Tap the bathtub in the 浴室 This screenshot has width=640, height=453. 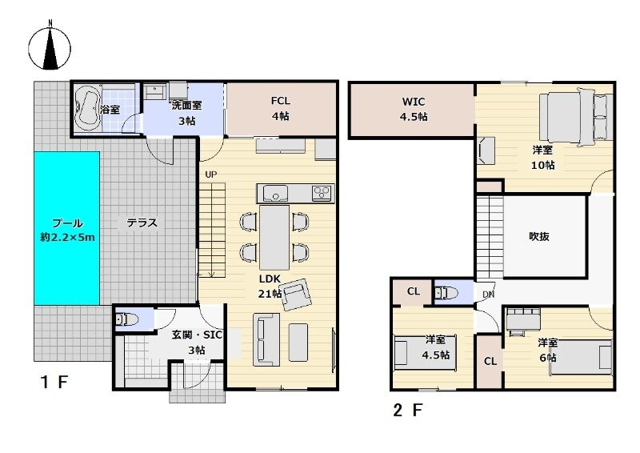pos(88,107)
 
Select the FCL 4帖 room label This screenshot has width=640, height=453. pos(281,108)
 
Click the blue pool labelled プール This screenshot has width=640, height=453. pos(67,228)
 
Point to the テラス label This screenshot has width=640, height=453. pos(142,223)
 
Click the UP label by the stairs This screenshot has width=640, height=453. pos(210,174)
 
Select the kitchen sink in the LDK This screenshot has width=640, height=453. pos(275,193)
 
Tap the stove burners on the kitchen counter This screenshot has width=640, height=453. pos(322,193)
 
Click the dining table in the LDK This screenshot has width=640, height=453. pos(274,238)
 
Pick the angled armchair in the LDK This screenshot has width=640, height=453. pos(296,294)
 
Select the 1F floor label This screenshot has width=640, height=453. pos(54,383)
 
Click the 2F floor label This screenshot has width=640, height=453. pos(407,410)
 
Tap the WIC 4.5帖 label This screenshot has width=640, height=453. pos(414,109)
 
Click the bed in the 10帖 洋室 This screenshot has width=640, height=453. pos(575,117)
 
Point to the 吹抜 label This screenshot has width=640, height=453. pos(538,236)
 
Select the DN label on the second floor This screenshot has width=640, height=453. pos(488,294)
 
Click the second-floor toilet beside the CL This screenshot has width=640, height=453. pos(446,293)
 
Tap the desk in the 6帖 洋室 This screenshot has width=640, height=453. pos(524,319)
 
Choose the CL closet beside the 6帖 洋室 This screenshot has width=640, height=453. pos(490,362)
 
